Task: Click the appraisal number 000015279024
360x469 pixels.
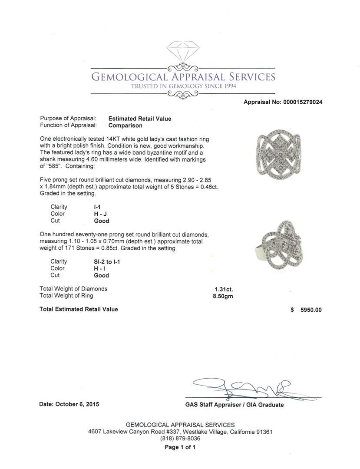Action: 302,102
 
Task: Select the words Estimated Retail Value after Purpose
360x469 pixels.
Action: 139,119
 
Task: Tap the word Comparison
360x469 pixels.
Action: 125,126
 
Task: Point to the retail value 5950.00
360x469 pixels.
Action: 311,310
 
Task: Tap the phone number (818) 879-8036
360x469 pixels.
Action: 180,439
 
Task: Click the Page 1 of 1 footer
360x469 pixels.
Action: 180,447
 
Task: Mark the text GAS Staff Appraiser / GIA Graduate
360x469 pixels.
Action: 234,405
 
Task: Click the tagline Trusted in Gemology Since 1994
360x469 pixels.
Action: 183,86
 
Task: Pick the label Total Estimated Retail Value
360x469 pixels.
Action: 79,309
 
